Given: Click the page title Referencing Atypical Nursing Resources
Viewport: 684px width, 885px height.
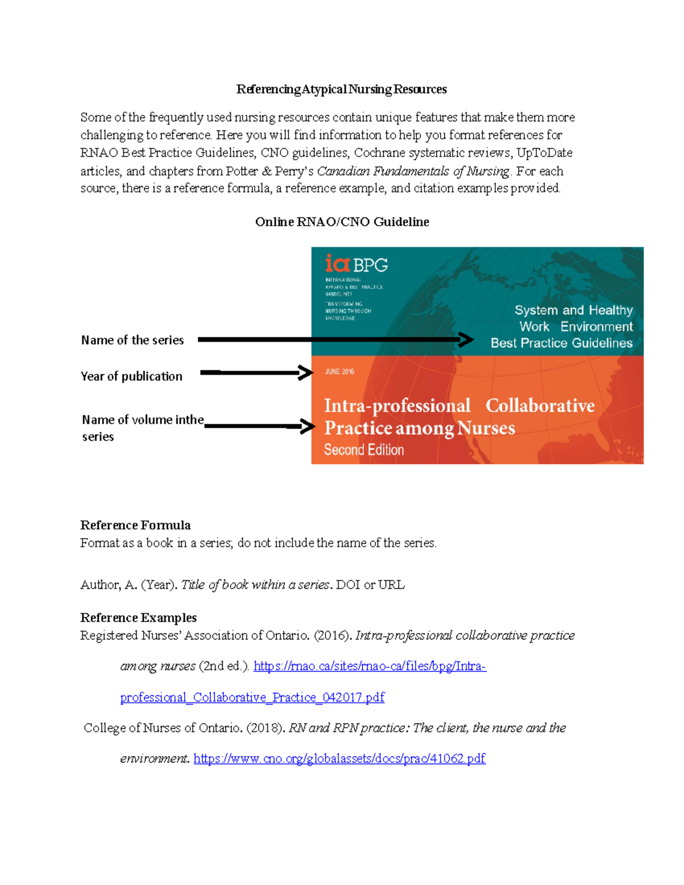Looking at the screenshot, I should [341, 89].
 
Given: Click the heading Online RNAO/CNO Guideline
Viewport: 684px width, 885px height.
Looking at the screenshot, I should [342, 222].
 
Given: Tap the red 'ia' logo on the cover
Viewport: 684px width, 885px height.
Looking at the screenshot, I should [337, 263].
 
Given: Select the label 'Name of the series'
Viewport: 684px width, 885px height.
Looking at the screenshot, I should [132, 340].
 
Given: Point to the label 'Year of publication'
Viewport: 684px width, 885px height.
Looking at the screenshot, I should [132, 376].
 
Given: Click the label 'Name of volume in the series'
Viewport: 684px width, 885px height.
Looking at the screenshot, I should [142, 427].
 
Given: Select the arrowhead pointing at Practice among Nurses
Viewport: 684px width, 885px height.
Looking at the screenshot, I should [308, 426].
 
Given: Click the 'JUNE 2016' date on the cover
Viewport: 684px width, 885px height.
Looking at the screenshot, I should [340, 372].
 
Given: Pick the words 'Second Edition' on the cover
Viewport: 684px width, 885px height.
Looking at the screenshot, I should [364, 450].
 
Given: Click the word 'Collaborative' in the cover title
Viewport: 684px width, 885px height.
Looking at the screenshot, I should [540, 406].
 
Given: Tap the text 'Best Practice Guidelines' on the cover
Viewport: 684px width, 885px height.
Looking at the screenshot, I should [561, 343].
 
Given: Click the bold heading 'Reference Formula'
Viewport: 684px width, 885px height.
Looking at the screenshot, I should [135, 525].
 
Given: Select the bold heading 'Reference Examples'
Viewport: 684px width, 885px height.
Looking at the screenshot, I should [139, 618].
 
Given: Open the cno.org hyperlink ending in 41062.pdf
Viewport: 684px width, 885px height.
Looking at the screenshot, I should [339, 758].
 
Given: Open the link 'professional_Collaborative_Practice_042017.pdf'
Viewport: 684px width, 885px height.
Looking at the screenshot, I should [252, 698].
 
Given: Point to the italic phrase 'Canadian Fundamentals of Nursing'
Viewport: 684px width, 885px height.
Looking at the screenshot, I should [413, 171].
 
